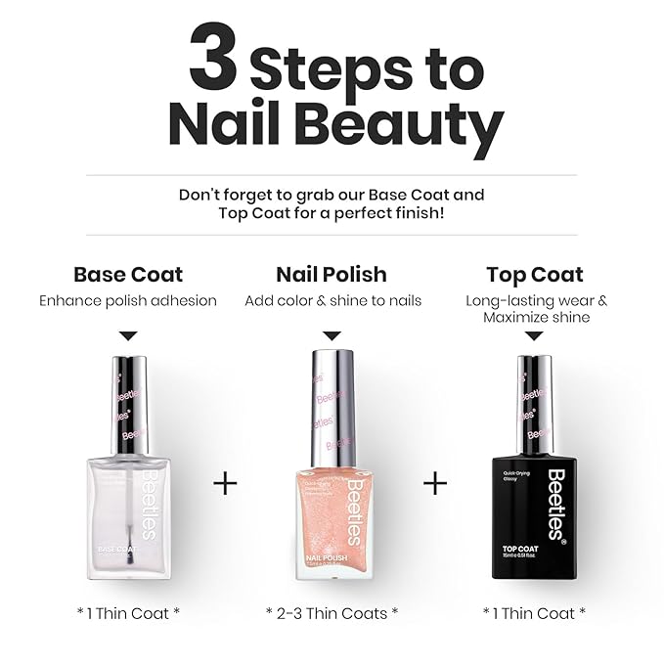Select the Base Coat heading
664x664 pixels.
pos(128,275)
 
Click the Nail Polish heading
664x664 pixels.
pos(332,275)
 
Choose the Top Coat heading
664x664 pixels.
pos(534,275)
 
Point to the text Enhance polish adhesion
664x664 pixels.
pos(128,301)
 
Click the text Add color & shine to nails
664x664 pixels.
pos(332,301)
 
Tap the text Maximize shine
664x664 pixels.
pos(534,318)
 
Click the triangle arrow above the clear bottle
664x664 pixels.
pos(128,335)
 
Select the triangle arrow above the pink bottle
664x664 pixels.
pos(332,335)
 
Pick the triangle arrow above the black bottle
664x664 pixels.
pos(534,335)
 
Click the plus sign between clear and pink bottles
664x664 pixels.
pos(225,483)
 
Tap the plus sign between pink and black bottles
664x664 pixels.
pos(435,483)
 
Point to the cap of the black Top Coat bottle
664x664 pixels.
pos(534,401)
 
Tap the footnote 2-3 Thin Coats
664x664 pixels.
pos(332,613)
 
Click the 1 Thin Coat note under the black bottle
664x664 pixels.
pos(534,613)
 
